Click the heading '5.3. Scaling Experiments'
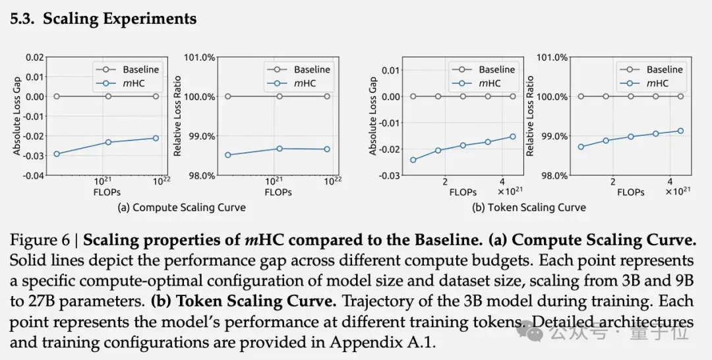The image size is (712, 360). click(x=103, y=18)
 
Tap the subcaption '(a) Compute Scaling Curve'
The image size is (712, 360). click(x=182, y=208)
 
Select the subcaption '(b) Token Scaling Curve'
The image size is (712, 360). click(x=529, y=208)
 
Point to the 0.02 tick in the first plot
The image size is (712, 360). click(x=36, y=57)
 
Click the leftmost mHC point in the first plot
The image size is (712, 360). click(x=57, y=154)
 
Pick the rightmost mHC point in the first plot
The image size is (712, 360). click(x=156, y=138)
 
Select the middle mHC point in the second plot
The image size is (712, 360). click(x=280, y=148)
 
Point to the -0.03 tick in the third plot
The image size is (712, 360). click(x=390, y=175)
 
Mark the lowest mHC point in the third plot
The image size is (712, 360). click(x=413, y=160)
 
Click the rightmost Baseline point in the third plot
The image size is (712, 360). click(x=513, y=96)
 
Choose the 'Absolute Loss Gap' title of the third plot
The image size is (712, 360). click(x=373, y=116)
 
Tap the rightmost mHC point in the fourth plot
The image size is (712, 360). click(x=680, y=131)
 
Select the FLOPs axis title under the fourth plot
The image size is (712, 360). click(x=631, y=192)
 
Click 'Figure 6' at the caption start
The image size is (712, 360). click(x=40, y=240)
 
